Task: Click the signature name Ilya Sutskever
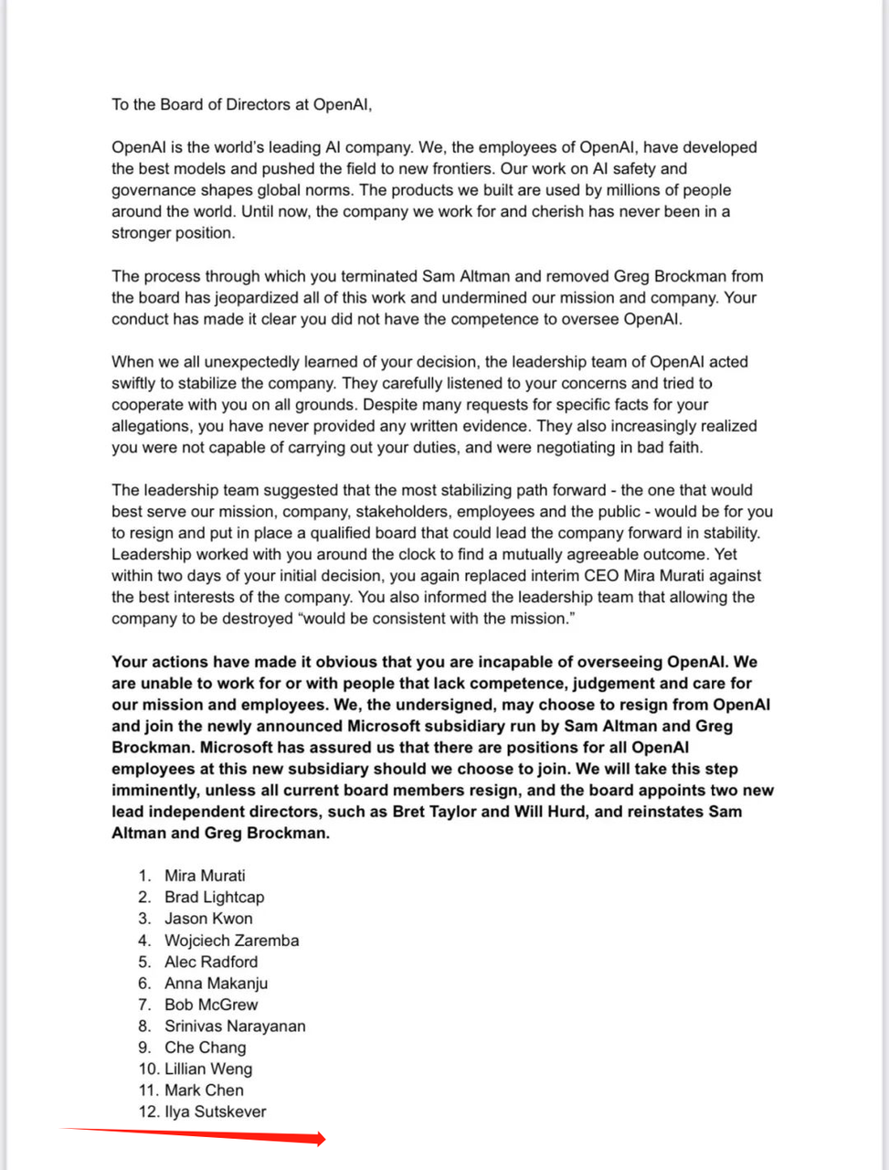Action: point(216,1111)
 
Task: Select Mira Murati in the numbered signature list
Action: point(205,876)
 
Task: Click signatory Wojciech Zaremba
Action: point(231,940)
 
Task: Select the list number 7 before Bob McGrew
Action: point(144,1005)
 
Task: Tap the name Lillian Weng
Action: point(208,1069)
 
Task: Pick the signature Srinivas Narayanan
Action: point(235,1026)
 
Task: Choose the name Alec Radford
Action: point(211,962)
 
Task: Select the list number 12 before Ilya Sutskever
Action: point(149,1111)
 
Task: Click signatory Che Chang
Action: point(205,1048)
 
